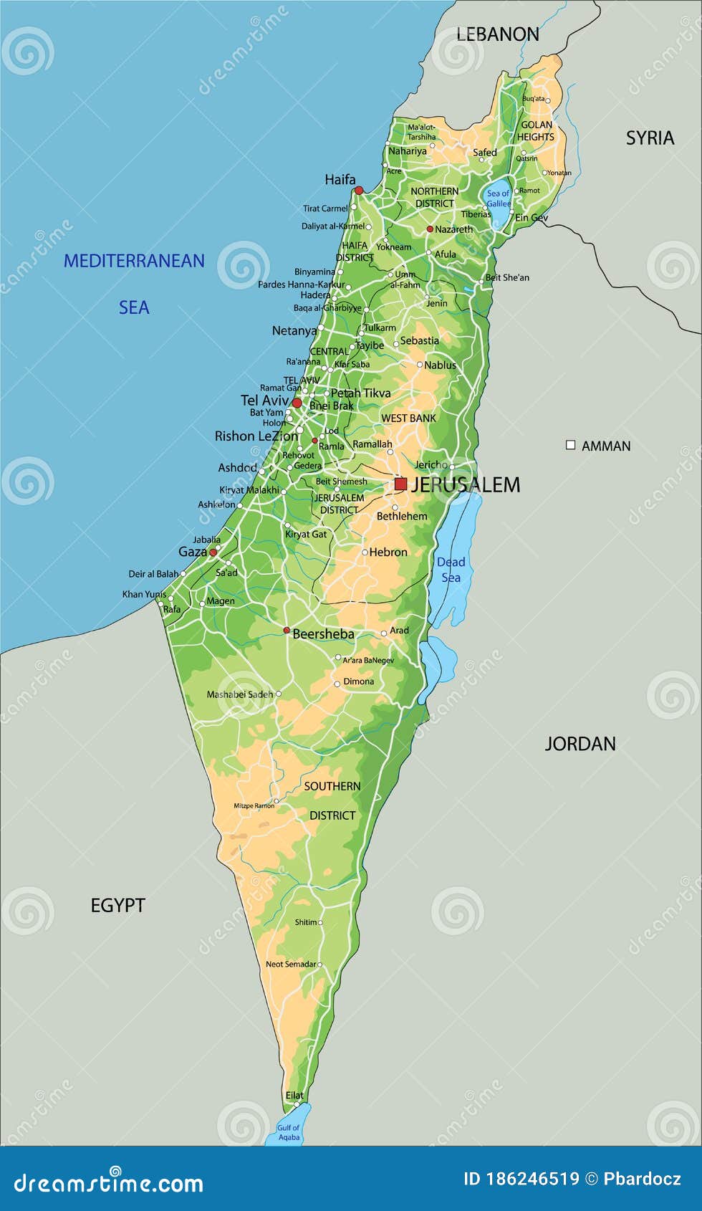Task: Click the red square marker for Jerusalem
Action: (x=400, y=484)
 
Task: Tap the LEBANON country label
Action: (x=497, y=34)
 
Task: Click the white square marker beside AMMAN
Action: (x=570, y=445)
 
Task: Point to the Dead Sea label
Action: (x=451, y=570)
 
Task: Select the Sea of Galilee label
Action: (x=498, y=198)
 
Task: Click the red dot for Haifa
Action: (x=359, y=190)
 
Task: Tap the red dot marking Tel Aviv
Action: (x=297, y=403)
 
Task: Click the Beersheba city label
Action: (x=323, y=634)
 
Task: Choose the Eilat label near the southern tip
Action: (x=294, y=1095)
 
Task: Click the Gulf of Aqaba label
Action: (x=289, y=1132)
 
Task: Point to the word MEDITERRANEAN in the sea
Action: (x=134, y=261)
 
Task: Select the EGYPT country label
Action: (x=117, y=906)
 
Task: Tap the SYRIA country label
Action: (x=650, y=138)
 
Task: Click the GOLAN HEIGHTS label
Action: (x=536, y=130)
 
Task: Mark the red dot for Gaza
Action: (x=213, y=552)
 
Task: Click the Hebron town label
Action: (x=388, y=552)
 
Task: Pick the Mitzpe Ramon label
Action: (x=254, y=805)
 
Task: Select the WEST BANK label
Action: (x=408, y=418)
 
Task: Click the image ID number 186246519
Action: (x=532, y=1179)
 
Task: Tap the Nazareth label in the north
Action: (x=453, y=229)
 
